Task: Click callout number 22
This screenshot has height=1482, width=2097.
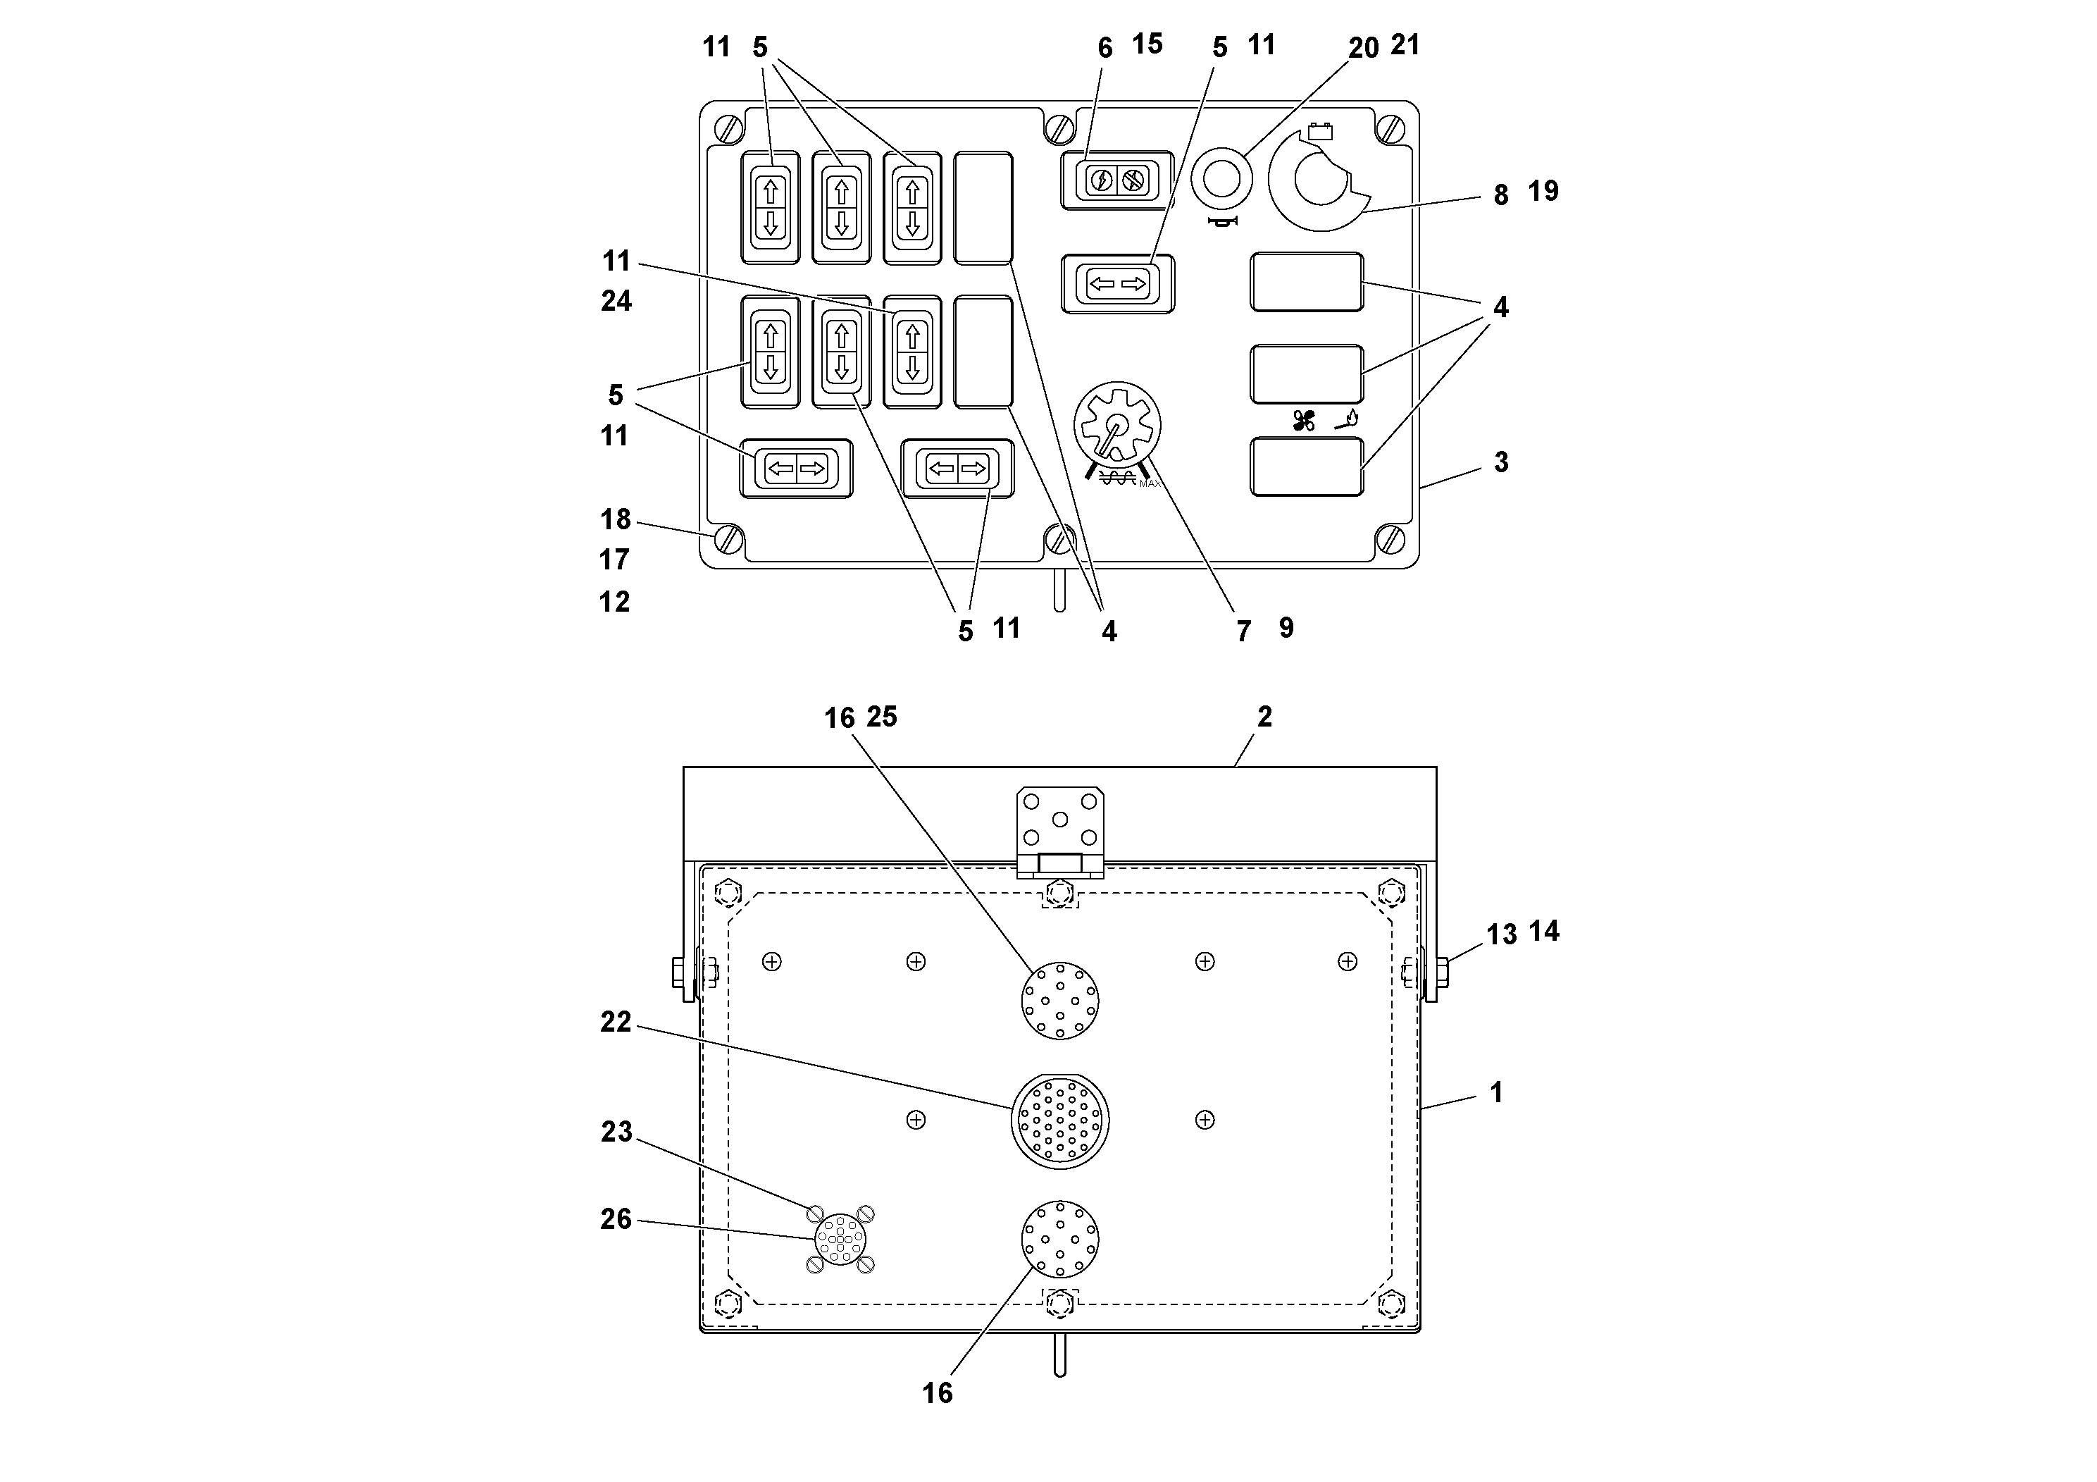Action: tap(616, 1023)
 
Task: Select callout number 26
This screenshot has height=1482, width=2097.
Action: tap(616, 1219)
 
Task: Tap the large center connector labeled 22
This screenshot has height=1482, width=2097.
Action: tap(1059, 1120)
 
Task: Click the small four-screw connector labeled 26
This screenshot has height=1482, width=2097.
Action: tap(840, 1239)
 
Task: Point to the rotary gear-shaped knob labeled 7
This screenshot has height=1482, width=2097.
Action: tap(1117, 425)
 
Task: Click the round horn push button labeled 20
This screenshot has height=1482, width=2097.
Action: tap(1221, 178)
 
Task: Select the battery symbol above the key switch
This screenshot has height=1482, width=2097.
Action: tap(1320, 132)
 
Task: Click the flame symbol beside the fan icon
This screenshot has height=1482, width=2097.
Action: tap(1348, 419)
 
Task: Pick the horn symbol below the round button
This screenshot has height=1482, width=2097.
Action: tap(1222, 222)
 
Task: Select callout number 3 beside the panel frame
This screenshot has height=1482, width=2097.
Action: tap(1500, 462)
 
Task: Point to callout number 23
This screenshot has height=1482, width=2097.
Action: tap(616, 1132)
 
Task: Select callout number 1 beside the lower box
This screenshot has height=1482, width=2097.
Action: tap(1496, 1093)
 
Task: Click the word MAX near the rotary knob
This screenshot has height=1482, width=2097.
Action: tap(1150, 483)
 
